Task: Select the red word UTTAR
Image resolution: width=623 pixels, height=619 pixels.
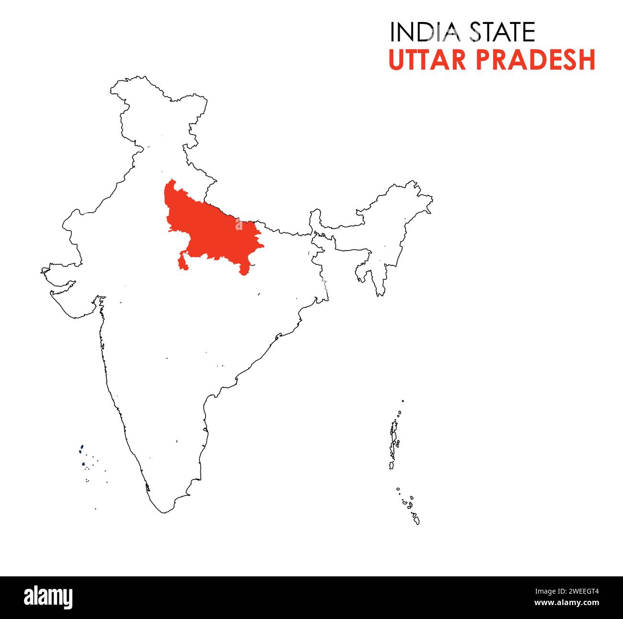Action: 427,60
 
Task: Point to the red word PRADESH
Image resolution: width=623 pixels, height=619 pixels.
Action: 536,60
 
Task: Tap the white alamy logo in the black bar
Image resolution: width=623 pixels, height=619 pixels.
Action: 48,597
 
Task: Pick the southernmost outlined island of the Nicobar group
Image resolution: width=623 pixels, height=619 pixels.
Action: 416,519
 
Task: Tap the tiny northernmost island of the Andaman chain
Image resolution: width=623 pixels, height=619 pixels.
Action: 403,401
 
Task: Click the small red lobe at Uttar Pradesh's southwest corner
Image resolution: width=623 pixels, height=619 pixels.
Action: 182,263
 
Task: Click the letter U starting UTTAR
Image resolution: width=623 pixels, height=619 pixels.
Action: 396,60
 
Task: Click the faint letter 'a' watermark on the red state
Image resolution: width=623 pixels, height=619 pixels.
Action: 239,225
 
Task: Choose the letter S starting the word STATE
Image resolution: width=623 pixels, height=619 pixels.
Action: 476,33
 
